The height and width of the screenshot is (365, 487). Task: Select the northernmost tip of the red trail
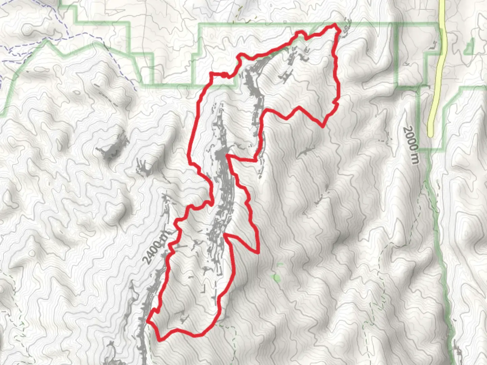335,25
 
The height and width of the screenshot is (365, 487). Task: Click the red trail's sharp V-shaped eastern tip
258,252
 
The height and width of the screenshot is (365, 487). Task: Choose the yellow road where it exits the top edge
441,2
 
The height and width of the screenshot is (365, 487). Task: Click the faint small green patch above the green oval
279,265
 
